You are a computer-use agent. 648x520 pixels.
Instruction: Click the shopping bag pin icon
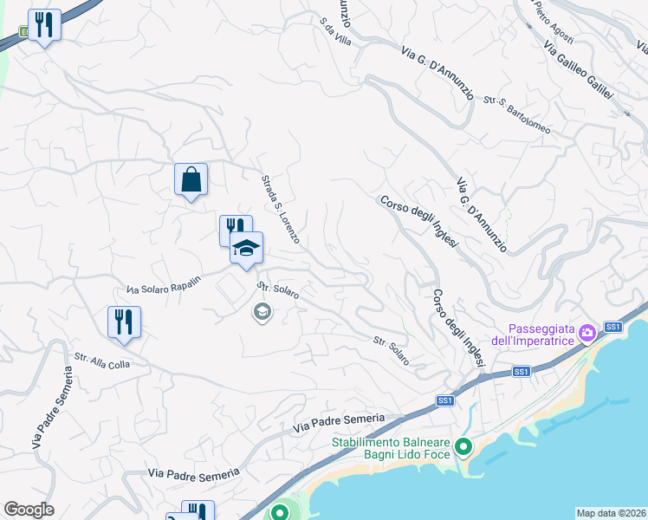point(191,180)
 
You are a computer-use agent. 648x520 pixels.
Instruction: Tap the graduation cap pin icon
point(246,248)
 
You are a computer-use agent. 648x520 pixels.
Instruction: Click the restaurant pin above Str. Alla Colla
point(124,322)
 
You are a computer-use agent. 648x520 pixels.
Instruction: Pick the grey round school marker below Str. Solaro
point(261,310)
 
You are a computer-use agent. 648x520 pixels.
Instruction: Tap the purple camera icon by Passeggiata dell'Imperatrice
point(587,332)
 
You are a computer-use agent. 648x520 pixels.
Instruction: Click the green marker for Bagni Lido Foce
point(463,447)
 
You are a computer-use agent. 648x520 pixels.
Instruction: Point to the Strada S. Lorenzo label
point(281,209)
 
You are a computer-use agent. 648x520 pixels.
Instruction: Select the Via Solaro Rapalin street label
point(164,284)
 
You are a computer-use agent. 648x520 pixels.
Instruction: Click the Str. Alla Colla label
point(101,361)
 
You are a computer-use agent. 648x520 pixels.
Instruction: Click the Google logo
point(29,510)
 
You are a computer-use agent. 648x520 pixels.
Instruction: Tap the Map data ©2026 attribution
point(612,513)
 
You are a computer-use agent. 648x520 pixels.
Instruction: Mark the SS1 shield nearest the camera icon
point(613,327)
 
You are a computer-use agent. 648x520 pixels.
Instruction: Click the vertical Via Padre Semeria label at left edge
point(51,408)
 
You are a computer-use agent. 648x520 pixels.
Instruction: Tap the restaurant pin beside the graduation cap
point(232,229)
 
